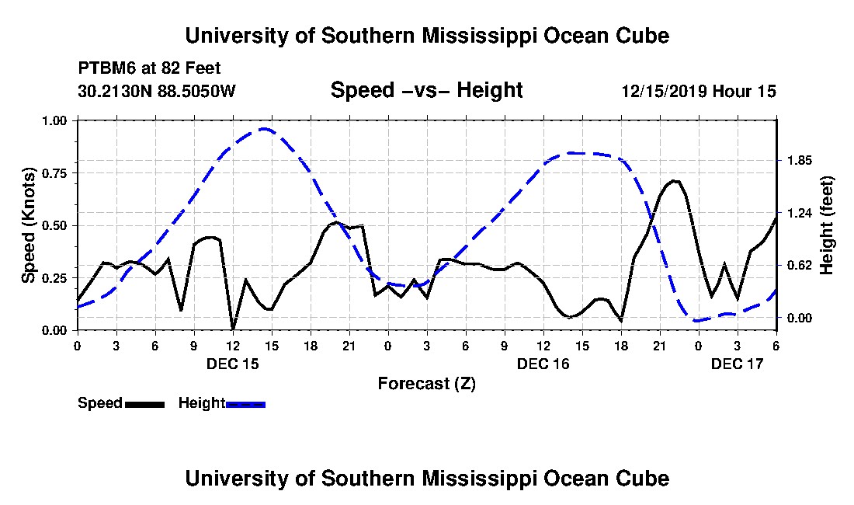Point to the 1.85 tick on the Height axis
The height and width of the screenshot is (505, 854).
point(798,160)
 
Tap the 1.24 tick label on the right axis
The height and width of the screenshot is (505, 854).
point(798,213)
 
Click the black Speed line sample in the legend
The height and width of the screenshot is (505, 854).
point(144,404)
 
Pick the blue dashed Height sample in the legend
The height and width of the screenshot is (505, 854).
point(245,404)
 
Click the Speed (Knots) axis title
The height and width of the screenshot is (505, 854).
point(28,225)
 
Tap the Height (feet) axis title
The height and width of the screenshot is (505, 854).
point(826,225)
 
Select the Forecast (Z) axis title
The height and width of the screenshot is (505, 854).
point(426,384)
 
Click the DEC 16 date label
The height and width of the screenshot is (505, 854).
point(543,364)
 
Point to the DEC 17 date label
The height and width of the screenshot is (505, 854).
point(738,364)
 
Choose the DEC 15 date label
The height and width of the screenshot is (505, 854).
point(233,364)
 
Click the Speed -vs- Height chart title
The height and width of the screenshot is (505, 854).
point(426,90)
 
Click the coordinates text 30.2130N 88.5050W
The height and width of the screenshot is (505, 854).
point(157,91)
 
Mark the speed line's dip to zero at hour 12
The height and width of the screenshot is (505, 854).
point(233,329)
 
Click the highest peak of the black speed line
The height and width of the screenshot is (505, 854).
point(674,181)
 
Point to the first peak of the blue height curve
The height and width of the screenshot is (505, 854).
point(265,129)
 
